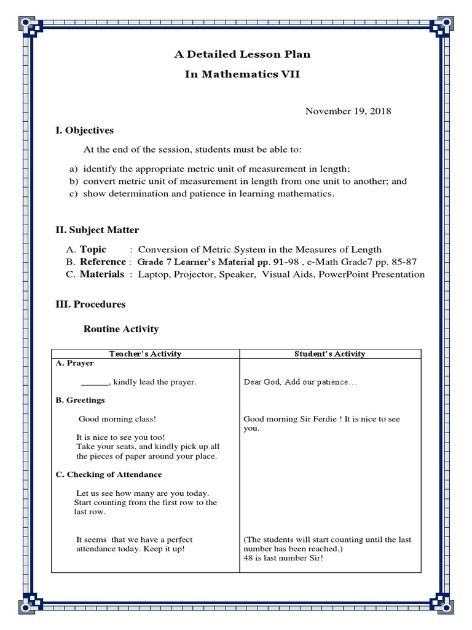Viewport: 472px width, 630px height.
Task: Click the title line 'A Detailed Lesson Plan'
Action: click(243, 54)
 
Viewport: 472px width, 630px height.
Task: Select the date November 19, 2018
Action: click(348, 111)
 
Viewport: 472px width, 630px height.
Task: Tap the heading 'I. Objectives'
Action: click(85, 130)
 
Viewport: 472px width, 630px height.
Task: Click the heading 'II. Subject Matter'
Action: click(97, 230)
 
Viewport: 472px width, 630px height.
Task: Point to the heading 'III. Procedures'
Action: click(90, 304)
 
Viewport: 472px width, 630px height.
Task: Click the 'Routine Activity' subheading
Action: click(120, 329)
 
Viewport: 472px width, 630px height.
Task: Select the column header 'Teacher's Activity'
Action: click(145, 354)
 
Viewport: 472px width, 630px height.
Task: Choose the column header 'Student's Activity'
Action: click(329, 354)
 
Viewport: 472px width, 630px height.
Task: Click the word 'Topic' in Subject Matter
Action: click(93, 249)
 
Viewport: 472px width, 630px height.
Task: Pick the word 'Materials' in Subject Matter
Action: click(101, 274)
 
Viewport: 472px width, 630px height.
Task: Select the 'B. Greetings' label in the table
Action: click(81, 401)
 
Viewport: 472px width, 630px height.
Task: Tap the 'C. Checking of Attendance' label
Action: click(109, 475)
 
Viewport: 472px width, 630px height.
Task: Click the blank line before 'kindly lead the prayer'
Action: click(95, 382)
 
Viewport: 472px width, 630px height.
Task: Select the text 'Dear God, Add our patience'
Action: click(296, 382)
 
